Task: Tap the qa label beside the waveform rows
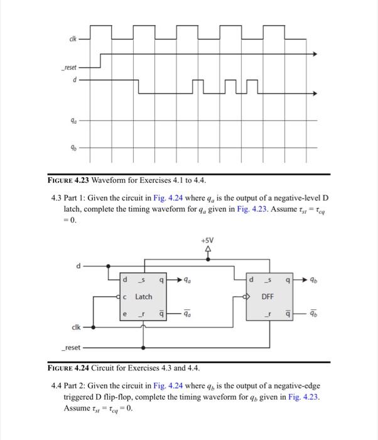[x=74, y=120]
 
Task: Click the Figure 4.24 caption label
[x=74, y=367]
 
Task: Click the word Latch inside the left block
[x=144, y=296]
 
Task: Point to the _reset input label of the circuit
[x=70, y=347]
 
